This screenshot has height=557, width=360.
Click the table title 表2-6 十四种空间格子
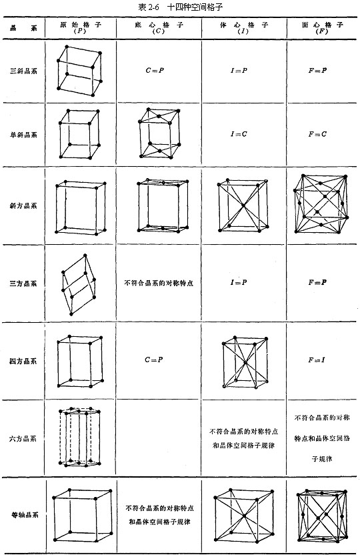[x=180, y=7]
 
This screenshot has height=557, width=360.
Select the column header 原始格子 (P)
[x=81, y=27]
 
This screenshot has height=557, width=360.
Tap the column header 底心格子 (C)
[x=159, y=27]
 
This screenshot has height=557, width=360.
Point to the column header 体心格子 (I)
[x=243, y=27]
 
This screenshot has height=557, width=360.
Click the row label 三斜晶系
[x=23, y=70]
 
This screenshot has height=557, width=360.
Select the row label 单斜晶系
[x=23, y=134]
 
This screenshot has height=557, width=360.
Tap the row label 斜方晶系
[x=23, y=205]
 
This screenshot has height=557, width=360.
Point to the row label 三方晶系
[x=23, y=284]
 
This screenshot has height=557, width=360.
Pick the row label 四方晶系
[x=23, y=362]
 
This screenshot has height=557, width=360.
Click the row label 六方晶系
[x=23, y=438]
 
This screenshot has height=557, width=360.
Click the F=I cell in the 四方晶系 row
[x=317, y=360]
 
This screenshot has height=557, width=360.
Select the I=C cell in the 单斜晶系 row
[x=239, y=134]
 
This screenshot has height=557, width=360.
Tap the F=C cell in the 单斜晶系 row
[x=318, y=134]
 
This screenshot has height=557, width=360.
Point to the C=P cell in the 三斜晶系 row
[x=155, y=70]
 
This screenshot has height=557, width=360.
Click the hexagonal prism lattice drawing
[x=80, y=438]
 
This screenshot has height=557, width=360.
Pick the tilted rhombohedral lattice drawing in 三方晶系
[x=79, y=285]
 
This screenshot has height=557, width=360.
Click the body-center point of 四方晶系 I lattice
[x=245, y=362]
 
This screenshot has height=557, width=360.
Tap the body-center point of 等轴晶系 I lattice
[x=244, y=516]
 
